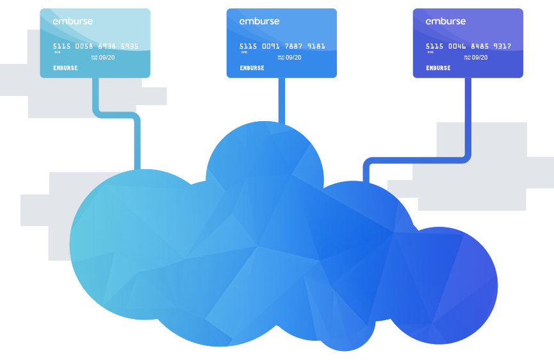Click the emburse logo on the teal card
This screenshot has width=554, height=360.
point(72,21)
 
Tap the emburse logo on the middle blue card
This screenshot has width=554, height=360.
point(259,21)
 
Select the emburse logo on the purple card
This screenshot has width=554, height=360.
point(445,21)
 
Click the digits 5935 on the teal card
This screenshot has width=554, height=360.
point(129,46)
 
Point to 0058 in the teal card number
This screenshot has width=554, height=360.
point(83,46)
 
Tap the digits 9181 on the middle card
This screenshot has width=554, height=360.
point(316,46)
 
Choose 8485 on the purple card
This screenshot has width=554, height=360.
point(479,46)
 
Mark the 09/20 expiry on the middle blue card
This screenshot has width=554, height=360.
point(293,58)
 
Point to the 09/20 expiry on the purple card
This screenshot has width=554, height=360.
point(480,58)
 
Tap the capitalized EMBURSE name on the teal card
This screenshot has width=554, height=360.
point(65,68)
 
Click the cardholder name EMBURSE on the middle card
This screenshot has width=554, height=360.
point(252,68)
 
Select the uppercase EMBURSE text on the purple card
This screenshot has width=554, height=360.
point(438,68)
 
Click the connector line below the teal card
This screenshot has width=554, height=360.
point(96,96)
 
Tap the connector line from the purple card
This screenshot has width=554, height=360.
point(468,115)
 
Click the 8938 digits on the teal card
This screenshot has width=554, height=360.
point(106,46)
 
